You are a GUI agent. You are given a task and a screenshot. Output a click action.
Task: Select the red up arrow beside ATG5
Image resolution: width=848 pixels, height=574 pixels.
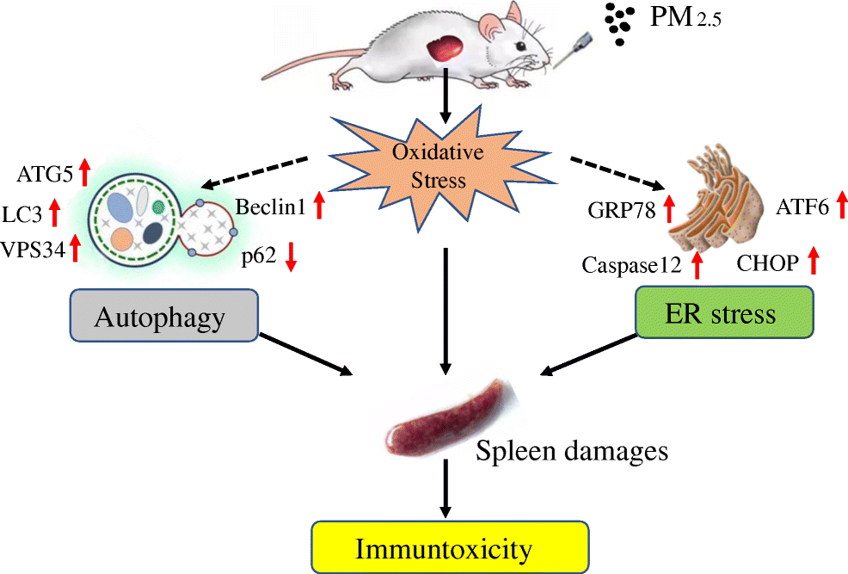click(83, 173)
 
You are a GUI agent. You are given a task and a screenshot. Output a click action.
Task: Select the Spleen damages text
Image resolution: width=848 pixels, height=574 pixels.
click(572, 449)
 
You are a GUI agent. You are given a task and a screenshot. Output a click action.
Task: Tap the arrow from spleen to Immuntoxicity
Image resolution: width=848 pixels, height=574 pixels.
click(445, 489)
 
